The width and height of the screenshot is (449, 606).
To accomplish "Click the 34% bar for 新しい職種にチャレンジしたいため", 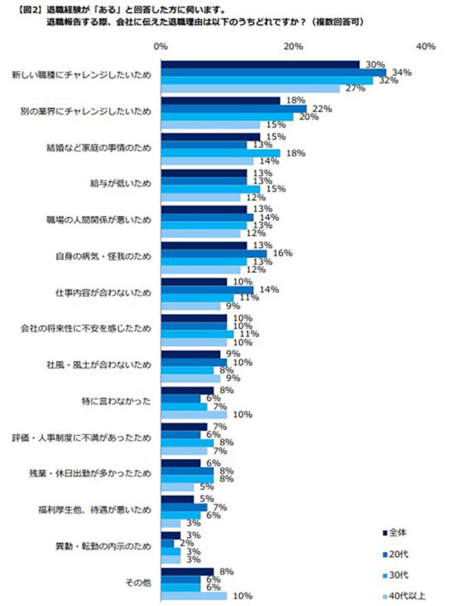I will tap(273, 72).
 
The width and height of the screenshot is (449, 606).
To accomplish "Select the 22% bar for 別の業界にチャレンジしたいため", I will tap(233, 108).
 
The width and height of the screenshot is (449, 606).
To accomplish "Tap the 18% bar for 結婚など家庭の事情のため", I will tap(220, 153).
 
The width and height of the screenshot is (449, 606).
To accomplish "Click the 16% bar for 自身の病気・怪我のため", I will tap(213, 253).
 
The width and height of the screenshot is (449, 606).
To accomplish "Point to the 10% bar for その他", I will tap(194, 595).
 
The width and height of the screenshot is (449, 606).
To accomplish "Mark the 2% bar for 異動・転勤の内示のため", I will tap(167, 543).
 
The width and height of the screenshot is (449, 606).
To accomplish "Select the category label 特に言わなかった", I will tap(116, 402).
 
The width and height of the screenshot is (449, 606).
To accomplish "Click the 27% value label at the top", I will tap(355, 88).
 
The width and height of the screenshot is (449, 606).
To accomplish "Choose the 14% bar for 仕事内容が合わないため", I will tap(207, 290).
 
